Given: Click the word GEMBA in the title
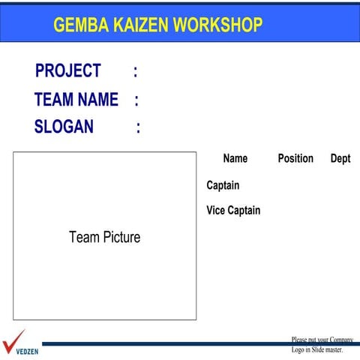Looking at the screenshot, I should point(80,25).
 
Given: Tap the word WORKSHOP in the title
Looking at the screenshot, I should point(217,25).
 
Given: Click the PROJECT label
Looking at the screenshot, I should point(67,71).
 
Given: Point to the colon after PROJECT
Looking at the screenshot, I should point(135,72).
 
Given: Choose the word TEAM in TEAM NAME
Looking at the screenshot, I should point(52,100).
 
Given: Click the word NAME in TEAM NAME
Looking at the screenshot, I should point(97,100).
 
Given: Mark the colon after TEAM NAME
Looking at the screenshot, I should point(136,100).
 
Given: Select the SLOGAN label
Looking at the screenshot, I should point(64,127).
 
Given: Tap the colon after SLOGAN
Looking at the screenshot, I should point(138,128).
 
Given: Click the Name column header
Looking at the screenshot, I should point(235,158).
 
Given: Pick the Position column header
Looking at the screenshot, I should point(295,158).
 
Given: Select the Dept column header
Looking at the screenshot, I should point(340,158).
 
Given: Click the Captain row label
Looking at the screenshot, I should point(223,185).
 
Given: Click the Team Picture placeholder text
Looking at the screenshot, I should point(104,238).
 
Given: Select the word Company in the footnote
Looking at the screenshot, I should point(341,340).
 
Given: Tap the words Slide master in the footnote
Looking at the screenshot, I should point(327,349).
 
